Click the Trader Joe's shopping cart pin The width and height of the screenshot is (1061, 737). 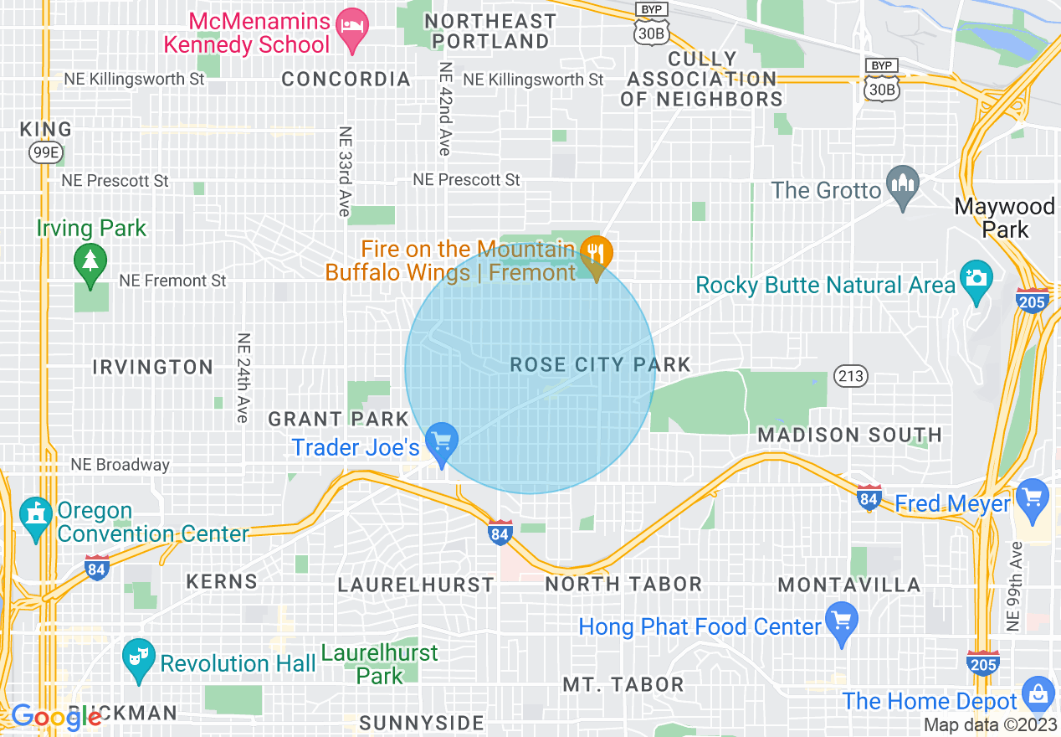pyautogui.click(x=441, y=440)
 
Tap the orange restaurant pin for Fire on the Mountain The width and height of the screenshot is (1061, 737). pyautogui.click(x=596, y=252)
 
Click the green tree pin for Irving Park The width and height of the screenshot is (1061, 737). pyautogui.click(x=90, y=259)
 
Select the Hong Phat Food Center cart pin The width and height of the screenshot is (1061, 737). pyautogui.click(x=841, y=621)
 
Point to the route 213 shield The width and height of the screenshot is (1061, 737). pyautogui.click(x=851, y=376)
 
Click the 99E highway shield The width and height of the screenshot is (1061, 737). pyautogui.click(x=45, y=152)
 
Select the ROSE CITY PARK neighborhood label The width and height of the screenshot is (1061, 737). pyautogui.click(x=600, y=364)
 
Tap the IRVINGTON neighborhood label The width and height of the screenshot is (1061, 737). pyautogui.click(x=152, y=367)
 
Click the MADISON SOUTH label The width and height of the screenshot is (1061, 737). pyautogui.click(x=849, y=435)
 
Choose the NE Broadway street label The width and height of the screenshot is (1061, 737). pyautogui.click(x=120, y=465)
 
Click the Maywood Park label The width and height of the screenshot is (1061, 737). pyautogui.click(x=1004, y=217)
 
